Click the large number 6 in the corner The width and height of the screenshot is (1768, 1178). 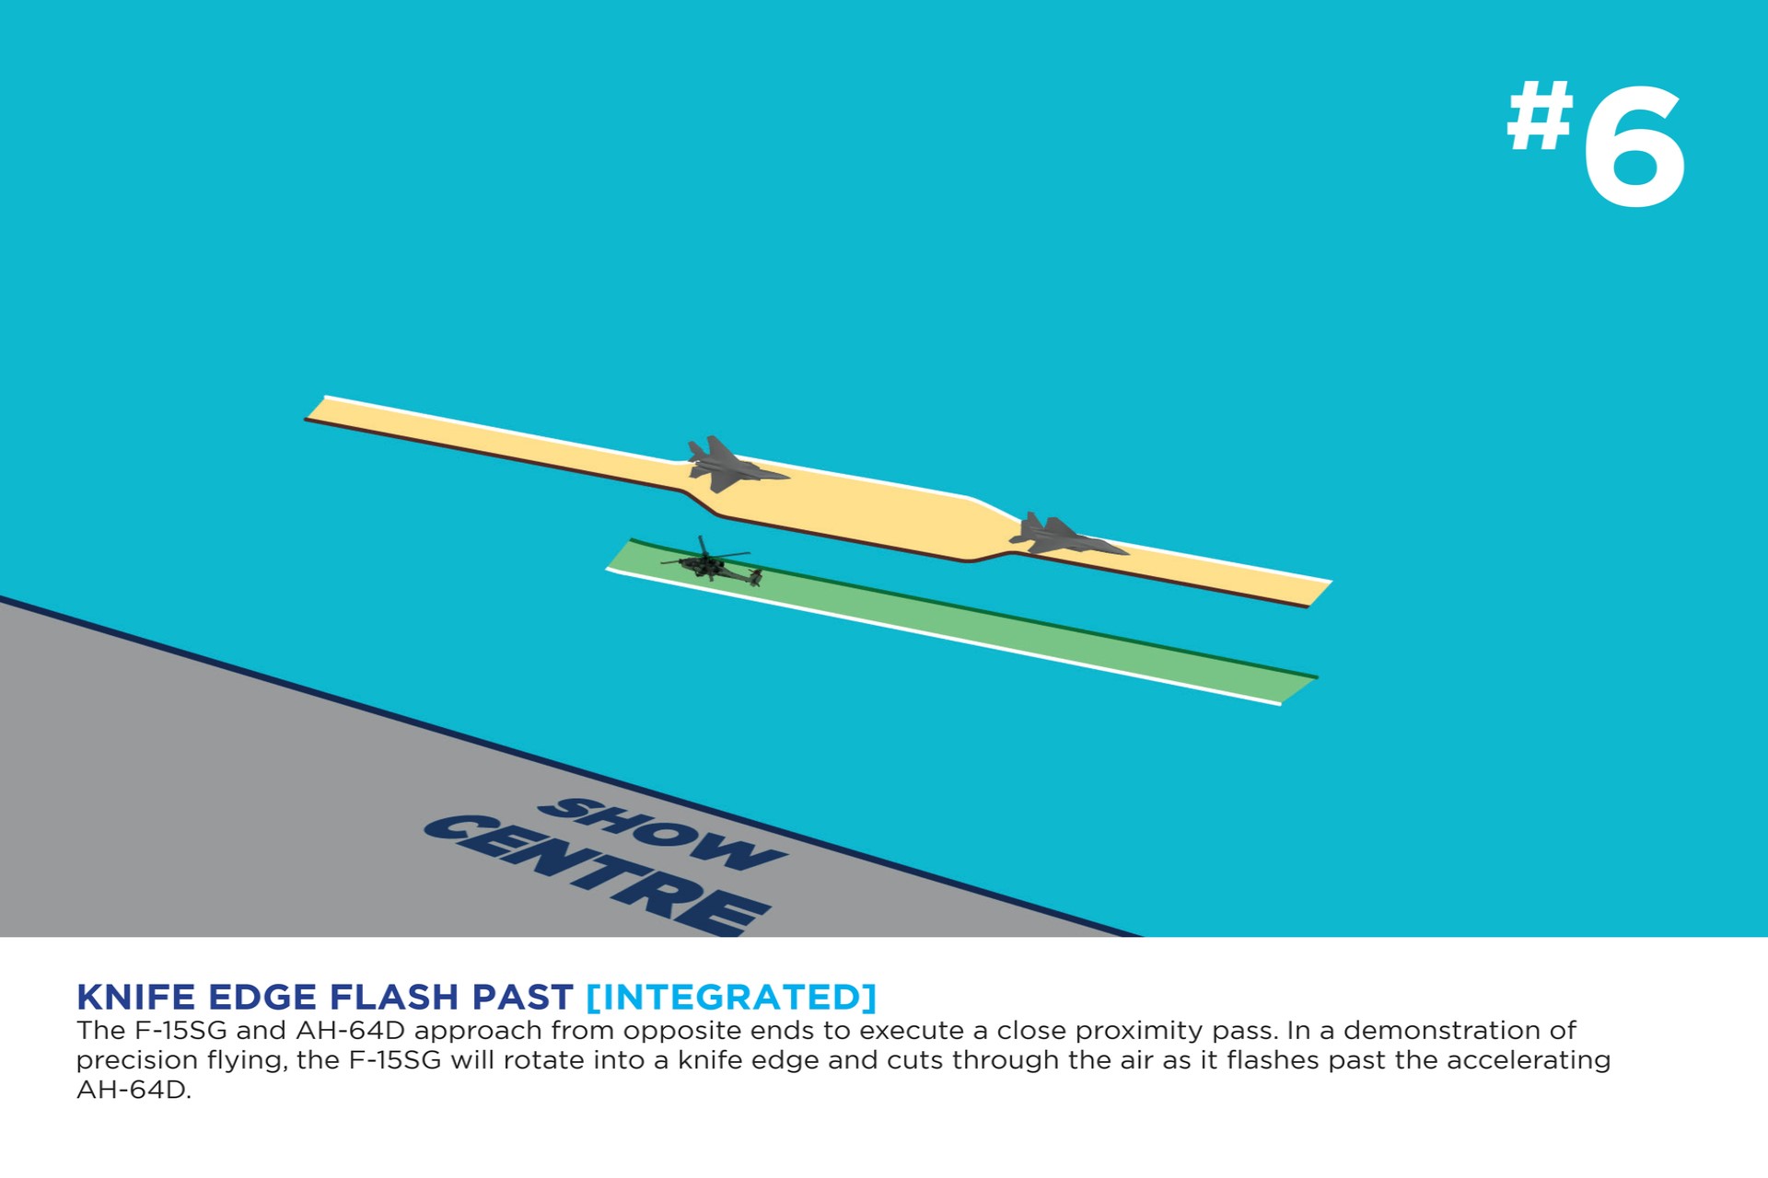(x=1634, y=144)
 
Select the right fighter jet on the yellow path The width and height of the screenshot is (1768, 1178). (x=1066, y=535)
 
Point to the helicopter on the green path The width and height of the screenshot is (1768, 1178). (x=711, y=561)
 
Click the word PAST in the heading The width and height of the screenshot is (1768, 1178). (x=522, y=998)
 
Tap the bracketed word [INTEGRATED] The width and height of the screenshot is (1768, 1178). (x=731, y=998)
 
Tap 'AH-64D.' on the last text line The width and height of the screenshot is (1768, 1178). (x=134, y=1091)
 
